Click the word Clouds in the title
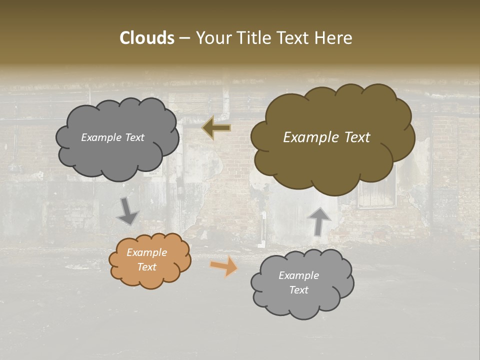coord(147,38)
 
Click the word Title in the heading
coord(249,38)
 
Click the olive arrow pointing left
coord(216,128)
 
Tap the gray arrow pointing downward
coord(127,211)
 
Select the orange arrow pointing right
coord(224,265)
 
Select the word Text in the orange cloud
coord(147,267)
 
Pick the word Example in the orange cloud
coord(147,252)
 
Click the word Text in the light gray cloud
coord(299,290)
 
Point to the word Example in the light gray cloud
coord(299,275)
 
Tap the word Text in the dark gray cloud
coord(134,137)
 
